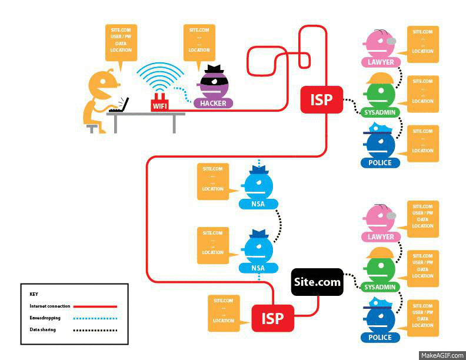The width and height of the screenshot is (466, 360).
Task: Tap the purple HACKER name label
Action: click(213, 104)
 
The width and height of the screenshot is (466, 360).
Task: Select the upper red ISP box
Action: click(321, 100)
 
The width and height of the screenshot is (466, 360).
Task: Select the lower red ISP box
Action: click(272, 319)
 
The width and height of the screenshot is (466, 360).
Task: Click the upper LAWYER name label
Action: click(380, 62)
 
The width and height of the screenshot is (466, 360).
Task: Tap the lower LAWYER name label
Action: click(380, 237)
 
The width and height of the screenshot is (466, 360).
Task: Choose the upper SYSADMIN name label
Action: click(380, 112)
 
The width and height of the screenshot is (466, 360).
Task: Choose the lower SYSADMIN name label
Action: click(380, 288)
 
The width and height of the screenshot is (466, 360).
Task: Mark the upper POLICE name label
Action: click(380, 162)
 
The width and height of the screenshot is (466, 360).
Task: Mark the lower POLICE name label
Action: click(380, 338)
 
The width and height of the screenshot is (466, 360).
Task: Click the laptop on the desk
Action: click(119, 105)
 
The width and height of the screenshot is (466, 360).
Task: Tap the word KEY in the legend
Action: click(34, 293)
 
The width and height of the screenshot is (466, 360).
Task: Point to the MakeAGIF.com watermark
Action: click(441, 355)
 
